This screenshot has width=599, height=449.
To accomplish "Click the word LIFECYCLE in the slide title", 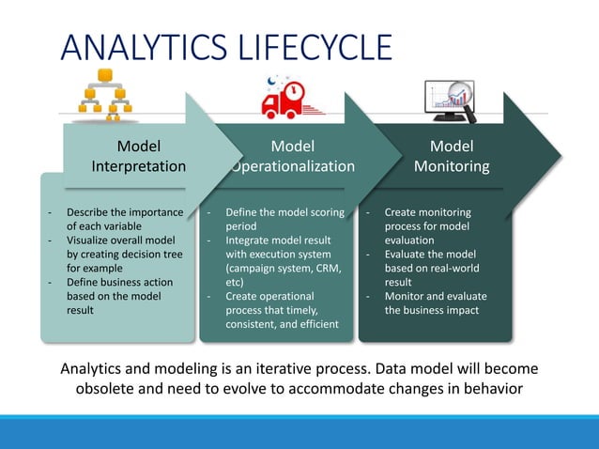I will pyautogui.click(x=315, y=49).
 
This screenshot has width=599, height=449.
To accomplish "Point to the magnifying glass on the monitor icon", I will pyautogui.click(x=459, y=96).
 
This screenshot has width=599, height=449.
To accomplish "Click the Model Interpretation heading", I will pyautogui.click(x=138, y=156).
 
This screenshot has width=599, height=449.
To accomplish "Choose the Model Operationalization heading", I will pyautogui.click(x=292, y=156).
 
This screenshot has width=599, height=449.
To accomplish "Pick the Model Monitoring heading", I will pyautogui.click(x=452, y=156).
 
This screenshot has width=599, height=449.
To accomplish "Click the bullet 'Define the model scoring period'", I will pyautogui.click(x=284, y=219).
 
